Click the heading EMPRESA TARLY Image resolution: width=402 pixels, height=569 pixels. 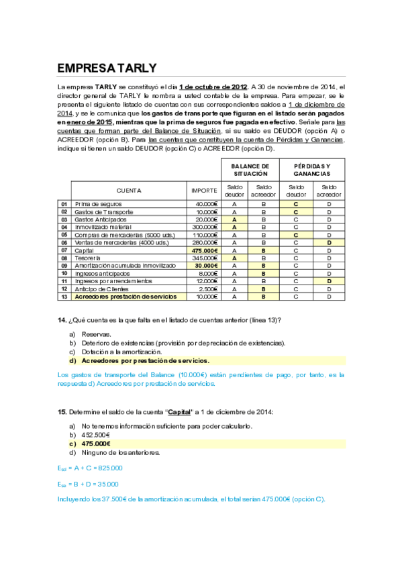click(x=107, y=68)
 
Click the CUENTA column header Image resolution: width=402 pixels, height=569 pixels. click(x=129, y=191)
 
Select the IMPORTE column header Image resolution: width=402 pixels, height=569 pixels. click(x=204, y=191)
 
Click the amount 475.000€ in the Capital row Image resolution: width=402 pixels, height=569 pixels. click(x=204, y=250)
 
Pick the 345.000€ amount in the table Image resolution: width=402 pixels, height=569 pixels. click(x=205, y=258)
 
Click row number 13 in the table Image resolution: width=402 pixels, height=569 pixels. click(x=64, y=296)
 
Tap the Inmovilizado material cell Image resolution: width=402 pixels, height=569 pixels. click(x=101, y=227)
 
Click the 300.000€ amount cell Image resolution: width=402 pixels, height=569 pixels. click(x=205, y=227)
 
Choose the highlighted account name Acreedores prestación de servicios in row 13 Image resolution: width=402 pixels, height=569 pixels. click(x=125, y=296)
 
